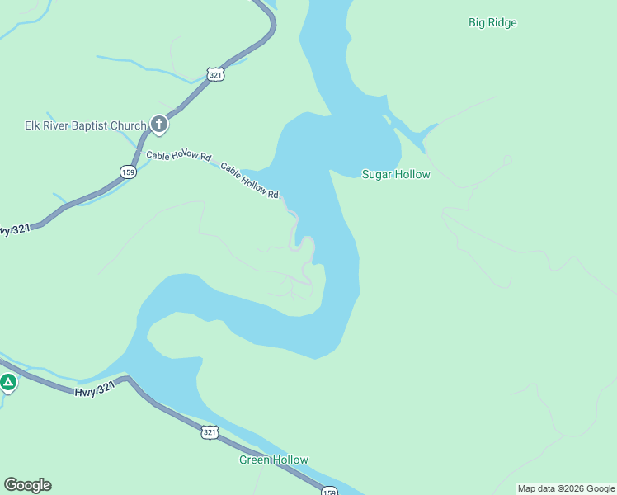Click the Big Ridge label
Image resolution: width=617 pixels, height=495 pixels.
tap(492, 23)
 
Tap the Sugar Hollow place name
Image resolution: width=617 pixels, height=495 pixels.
tap(396, 174)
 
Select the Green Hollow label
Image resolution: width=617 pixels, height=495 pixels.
tap(274, 460)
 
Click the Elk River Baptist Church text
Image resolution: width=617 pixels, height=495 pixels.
tap(85, 125)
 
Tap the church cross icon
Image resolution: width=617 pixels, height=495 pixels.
tap(159, 125)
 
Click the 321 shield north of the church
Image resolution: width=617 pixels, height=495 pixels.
tap(215, 74)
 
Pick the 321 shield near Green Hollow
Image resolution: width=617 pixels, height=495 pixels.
tap(210, 431)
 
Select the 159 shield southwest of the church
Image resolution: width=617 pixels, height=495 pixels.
tap(127, 172)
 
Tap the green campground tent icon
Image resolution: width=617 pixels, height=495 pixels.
tap(8, 382)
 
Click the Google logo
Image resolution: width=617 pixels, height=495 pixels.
tap(27, 485)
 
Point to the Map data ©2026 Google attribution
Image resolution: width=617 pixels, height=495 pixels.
tap(566, 488)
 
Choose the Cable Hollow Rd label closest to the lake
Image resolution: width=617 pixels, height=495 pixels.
tap(250, 179)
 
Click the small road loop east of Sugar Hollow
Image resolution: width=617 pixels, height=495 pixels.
tap(507, 159)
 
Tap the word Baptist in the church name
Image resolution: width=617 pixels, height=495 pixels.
tap(98, 125)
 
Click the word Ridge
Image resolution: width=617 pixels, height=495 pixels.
tap(502, 23)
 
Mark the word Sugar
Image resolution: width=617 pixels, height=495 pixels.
tap(377, 174)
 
